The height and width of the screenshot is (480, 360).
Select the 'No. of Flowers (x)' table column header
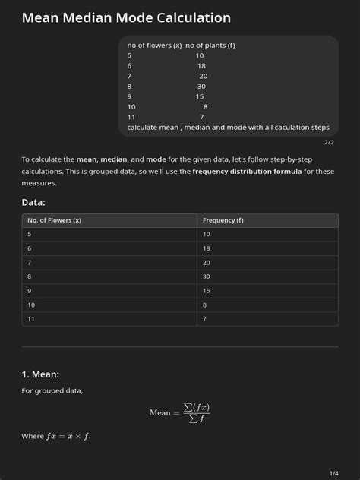(54, 220)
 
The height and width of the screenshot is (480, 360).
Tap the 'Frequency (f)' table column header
(223, 220)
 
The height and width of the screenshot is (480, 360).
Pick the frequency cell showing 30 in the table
(207, 276)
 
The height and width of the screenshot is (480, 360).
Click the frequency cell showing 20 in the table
(207, 263)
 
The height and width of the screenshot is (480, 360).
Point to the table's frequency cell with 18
(207, 248)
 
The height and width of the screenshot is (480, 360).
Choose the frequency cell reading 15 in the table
(207, 290)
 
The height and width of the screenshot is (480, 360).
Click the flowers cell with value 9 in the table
(30, 290)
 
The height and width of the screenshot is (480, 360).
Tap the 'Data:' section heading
(33, 202)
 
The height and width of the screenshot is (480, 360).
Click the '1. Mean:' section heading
(40, 374)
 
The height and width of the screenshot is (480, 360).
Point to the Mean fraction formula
(179, 412)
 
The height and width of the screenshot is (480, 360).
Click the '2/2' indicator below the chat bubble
(329, 142)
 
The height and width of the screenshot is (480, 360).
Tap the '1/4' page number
(334, 473)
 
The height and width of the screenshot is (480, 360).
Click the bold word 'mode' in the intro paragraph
(156, 159)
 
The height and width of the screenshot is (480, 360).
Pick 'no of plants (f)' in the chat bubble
(210, 46)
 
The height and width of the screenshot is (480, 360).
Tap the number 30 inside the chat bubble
(201, 87)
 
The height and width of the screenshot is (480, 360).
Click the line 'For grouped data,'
(52, 390)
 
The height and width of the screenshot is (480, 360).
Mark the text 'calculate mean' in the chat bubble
(152, 128)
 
